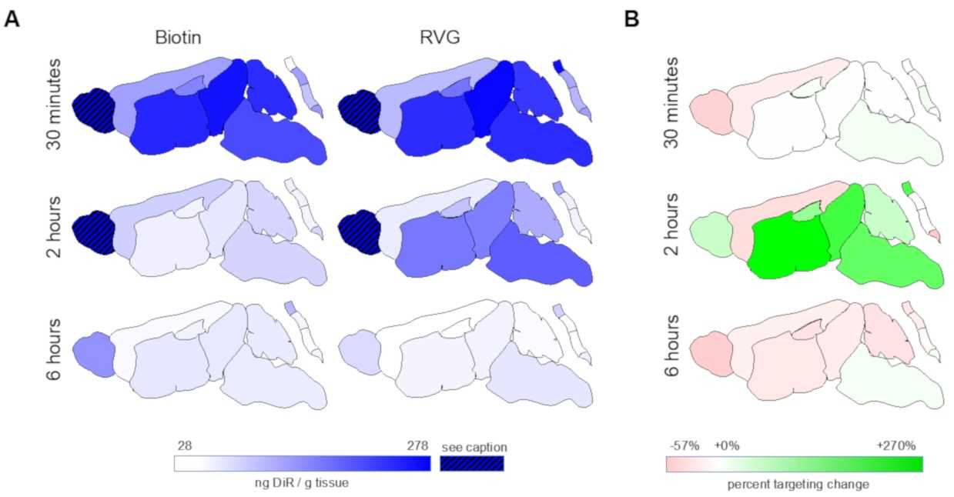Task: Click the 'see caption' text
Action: (474, 446)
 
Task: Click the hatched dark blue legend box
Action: (471, 463)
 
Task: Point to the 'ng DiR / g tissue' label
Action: (302, 482)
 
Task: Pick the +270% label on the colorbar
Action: (896, 446)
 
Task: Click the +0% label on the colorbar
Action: (726, 446)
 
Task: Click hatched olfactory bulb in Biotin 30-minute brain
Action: (92, 110)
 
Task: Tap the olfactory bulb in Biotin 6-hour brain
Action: (92, 354)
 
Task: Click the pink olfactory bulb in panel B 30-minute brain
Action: (709, 110)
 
